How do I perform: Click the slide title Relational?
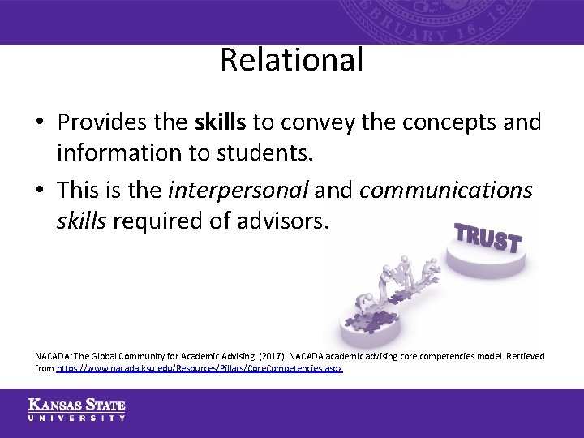(291, 60)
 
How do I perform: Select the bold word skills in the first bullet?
(221, 122)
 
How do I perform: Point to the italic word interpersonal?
(238, 190)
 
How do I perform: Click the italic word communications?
(445, 190)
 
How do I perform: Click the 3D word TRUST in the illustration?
(487, 236)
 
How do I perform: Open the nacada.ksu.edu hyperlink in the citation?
(200, 367)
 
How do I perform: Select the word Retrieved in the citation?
(522, 356)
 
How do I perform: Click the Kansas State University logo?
(77, 410)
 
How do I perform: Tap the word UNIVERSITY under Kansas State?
(77, 418)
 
